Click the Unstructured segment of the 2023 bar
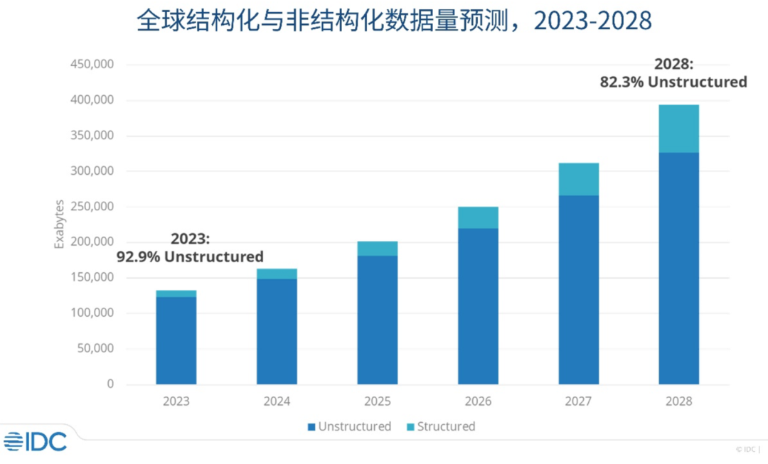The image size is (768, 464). coord(176,340)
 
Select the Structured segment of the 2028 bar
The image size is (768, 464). coord(678,129)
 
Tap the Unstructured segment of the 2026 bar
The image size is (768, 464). coord(478,306)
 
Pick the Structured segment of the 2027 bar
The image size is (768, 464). coord(578,179)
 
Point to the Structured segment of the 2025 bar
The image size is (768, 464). coord(378,249)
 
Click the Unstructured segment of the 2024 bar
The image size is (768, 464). coord(277,331)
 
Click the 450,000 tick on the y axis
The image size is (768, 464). coord(92,65)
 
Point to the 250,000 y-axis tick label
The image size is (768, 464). coord(92,207)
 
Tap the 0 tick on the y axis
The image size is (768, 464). coord(110,384)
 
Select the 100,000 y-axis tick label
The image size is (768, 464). coord(92,313)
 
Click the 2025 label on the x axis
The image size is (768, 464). coord(378,401)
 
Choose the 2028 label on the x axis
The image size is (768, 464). coord(678,401)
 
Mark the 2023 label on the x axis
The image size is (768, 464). coord(176,401)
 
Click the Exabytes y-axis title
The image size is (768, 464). coord(60,225)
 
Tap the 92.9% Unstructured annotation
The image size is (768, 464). coord(190,257)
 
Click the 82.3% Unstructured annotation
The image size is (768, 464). coord(673,82)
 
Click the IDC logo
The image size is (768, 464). coord(36,441)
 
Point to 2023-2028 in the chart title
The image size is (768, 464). coord(592,21)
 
